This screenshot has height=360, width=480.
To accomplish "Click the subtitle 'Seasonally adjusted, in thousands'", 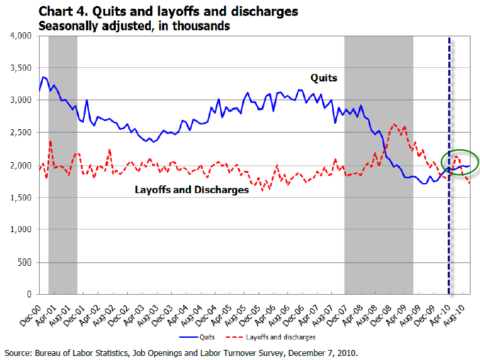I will (135, 26).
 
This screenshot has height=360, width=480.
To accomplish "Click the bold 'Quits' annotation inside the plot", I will (323, 78).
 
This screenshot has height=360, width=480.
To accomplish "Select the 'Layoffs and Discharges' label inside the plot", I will (192, 190).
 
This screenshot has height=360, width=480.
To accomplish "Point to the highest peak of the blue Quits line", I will (43, 77).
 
